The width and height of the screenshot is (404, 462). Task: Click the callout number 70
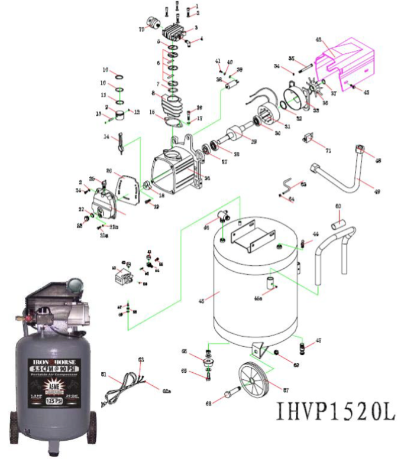(141, 30)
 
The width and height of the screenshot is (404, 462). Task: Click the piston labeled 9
(121, 113)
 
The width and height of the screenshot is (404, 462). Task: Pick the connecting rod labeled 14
(121, 144)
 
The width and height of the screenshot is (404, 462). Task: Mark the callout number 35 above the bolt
(291, 58)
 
